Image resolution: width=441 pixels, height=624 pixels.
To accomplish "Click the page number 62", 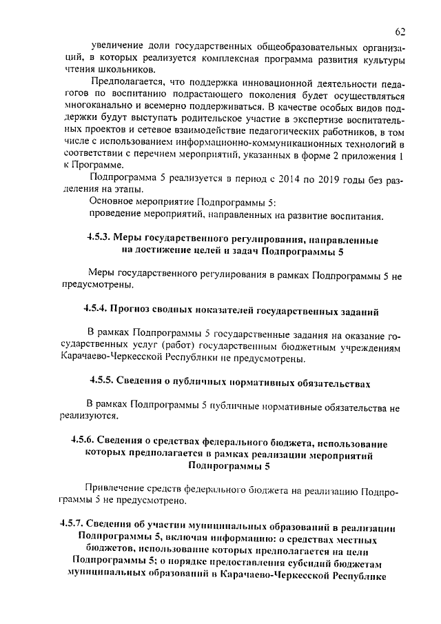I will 401,32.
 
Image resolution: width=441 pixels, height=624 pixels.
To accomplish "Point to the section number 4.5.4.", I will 97,311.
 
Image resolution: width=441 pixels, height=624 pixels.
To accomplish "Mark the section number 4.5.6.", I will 83,441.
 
